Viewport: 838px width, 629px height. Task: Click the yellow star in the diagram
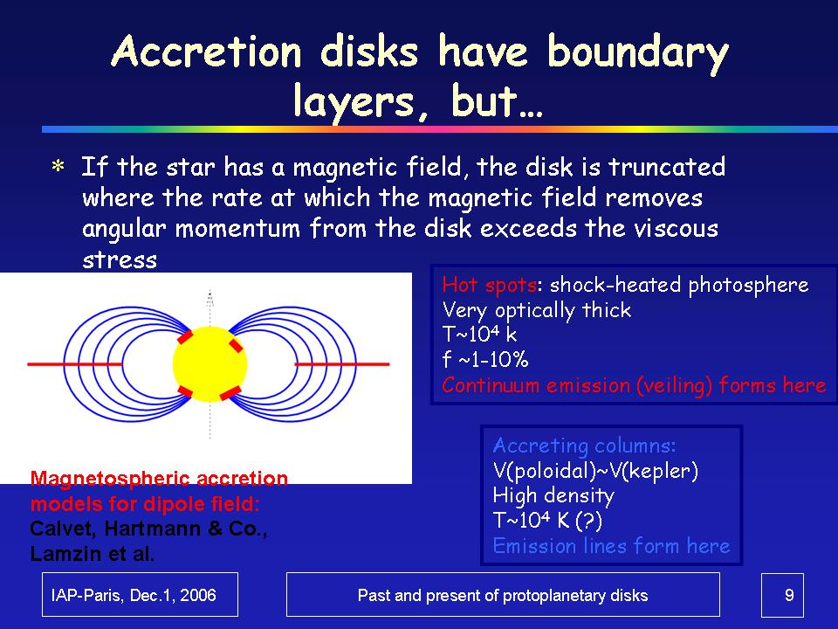point(210,364)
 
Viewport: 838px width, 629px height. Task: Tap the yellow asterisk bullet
point(58,167)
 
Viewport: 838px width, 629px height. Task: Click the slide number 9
point(789,595)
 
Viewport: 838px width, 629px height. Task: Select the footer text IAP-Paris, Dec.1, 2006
point(134,595)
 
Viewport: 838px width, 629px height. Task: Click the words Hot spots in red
point(489,285)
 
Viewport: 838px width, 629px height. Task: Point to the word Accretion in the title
point(207,52)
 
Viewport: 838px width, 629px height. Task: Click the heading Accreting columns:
point(584,446)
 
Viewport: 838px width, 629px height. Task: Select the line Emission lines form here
point(611,545)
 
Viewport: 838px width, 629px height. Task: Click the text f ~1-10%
point(485,359)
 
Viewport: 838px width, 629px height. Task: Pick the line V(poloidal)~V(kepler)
point(595,471)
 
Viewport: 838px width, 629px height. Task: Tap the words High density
point(553,496)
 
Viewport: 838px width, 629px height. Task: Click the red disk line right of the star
point(342,364)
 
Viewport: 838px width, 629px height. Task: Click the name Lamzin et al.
point(93,554)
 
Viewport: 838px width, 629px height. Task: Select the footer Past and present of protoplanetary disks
point(503,595)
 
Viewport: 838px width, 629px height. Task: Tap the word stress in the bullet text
point(120,260)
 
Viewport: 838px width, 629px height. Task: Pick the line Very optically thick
point(537,310)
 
